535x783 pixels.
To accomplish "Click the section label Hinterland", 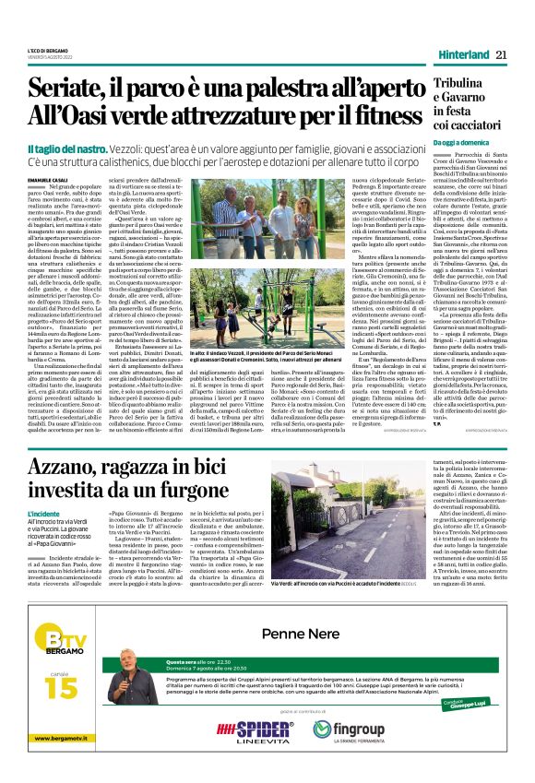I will point(461,54).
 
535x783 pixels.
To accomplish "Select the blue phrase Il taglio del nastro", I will point(65,148).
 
